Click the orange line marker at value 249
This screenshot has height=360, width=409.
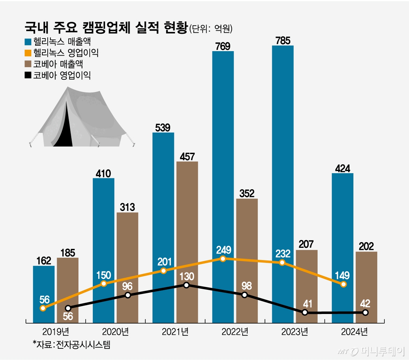tap(223, 259)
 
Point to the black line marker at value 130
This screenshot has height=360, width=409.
tap(186, 285)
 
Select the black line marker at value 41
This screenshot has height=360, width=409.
tap(305, 312)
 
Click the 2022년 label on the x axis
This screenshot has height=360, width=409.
tap(235, 332)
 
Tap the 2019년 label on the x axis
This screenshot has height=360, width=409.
tap(56, 332)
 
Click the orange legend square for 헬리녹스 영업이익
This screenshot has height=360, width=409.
tap(28, 53)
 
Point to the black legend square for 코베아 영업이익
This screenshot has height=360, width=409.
tap(28, 75)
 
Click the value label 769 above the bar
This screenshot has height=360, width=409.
tap(223, 46)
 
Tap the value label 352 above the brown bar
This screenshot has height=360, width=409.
tap(247, 194)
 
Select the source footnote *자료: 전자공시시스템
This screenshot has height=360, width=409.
tap(72, 344)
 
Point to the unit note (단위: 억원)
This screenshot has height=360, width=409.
tap(211, 29)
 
